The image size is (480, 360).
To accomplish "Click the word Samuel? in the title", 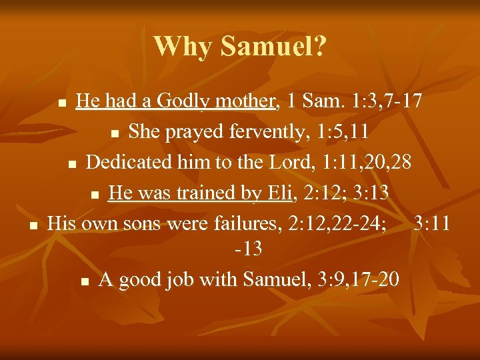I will click(x=273, y=46).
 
